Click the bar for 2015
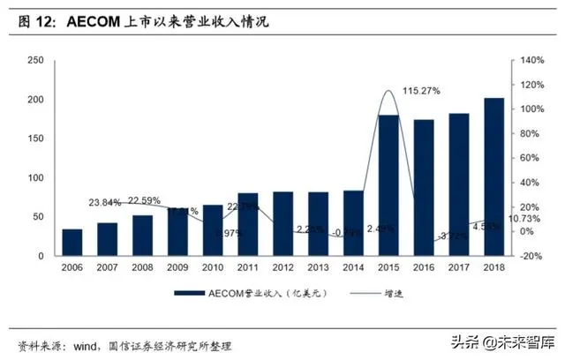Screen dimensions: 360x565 [x=388, y=185]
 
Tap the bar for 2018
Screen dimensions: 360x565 [x=494, y=176]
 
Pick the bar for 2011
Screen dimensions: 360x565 [x=248, y=224]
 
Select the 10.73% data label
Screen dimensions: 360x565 [x=517, y=218]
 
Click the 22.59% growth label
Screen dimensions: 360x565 [x=147, y=200]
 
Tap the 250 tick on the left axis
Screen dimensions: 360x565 [x=36, y=60]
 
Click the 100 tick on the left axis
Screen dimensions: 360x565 [x=36, y=178]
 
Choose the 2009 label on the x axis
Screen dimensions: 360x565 [x=177, y=267]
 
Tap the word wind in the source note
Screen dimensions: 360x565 [x=87, y=344]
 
